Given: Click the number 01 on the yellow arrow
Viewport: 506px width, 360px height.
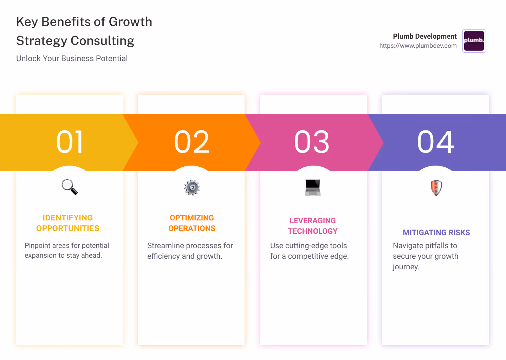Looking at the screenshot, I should (70, 142).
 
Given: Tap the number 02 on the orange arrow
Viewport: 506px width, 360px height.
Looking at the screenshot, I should (192, 142).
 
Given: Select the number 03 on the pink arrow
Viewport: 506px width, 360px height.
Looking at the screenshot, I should (312, 142).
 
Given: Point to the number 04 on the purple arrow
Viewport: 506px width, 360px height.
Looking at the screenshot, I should (435, 142).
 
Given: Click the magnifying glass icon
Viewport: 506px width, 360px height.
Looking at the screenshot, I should (70, 187).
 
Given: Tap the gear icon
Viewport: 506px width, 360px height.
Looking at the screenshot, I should (192, 187).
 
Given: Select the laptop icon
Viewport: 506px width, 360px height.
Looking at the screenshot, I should (313, 187).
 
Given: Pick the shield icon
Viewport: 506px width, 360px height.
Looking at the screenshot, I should (436, 188).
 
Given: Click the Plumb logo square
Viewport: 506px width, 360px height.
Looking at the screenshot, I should (474, 41).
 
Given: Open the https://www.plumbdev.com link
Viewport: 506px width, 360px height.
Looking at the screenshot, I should (418, 46).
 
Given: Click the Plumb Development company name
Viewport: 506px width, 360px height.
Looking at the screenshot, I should (424, 36).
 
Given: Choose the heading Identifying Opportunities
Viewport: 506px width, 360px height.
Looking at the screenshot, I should (68, 223).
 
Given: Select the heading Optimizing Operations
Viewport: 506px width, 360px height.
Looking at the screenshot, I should (192, 223).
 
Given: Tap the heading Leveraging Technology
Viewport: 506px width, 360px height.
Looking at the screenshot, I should (313, 226).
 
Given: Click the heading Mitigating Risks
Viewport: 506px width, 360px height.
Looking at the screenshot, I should (436, 233).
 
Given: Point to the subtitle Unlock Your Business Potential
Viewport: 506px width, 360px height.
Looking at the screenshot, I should (72, 59).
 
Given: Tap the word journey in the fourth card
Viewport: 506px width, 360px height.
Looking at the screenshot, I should (406, 267).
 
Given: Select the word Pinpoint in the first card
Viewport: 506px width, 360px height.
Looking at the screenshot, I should (37, 246).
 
